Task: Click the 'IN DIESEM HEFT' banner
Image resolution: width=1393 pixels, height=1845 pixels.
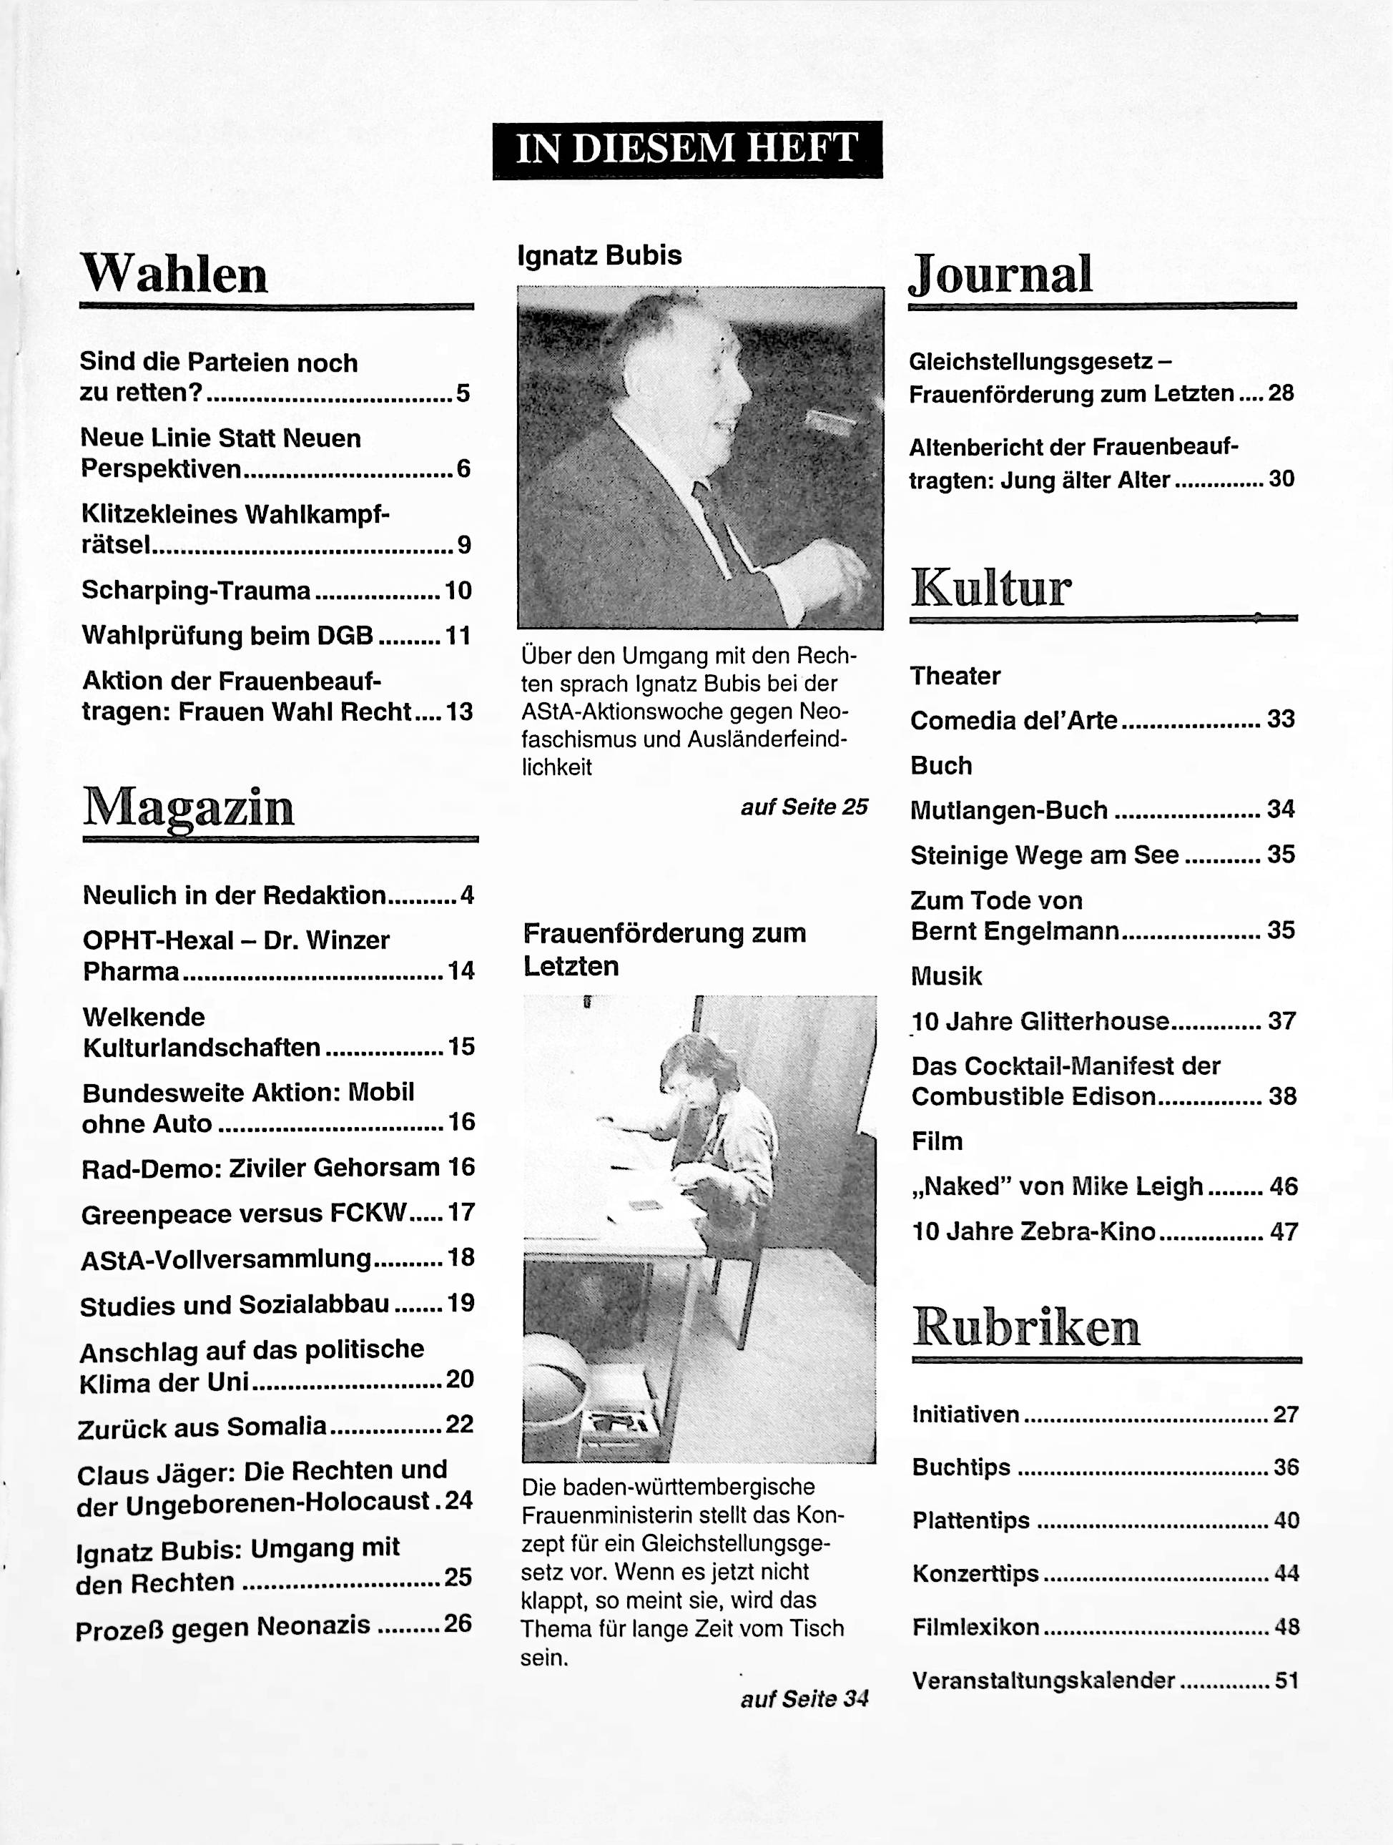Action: tap(686, 150)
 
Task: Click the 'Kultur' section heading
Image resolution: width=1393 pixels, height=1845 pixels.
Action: tap(991, 588)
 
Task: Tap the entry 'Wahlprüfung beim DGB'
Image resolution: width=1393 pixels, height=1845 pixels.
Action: tap(227, 636)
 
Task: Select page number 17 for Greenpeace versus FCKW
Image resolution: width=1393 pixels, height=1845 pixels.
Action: tap(461, 1211)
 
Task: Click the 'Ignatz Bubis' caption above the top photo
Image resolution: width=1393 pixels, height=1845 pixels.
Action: tap(599, 255)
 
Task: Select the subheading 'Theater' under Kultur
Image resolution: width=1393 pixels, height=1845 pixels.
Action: tap(955, 676)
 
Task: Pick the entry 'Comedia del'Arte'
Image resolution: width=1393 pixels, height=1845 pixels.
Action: tap(1013, 720)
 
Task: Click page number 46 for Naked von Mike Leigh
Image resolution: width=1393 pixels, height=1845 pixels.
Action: tap(1283, 1186)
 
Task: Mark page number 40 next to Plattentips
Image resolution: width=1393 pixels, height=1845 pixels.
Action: tap(1286, 1520)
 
